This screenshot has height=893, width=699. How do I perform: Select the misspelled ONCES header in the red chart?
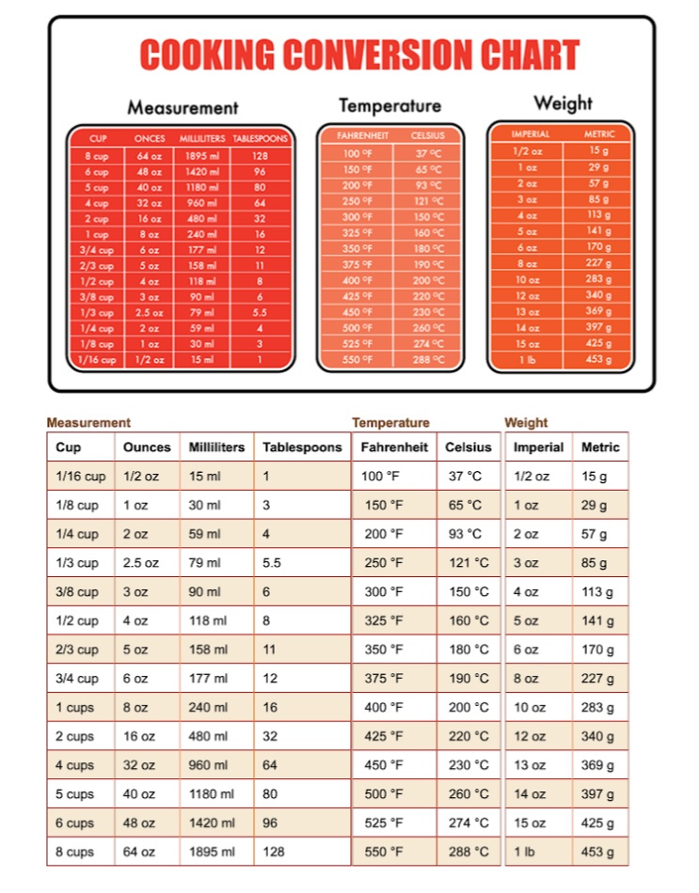click(150, 138)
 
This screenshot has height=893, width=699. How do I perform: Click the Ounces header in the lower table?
click(147, 447)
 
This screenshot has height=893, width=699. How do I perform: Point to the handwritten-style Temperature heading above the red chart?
click(389, 105)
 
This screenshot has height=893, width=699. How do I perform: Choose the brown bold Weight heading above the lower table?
click(526, 423)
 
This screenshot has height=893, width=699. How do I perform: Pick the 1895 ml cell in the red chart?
click(202, 156)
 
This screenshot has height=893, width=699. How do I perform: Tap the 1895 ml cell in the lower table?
click(212, 852)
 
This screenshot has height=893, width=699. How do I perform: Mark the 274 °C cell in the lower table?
click(469, 822)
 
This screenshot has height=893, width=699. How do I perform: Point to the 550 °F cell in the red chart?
click(357, 360)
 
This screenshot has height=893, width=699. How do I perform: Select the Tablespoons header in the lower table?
click(302, 447)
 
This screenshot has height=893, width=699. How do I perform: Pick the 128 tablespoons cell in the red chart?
click(260, 156)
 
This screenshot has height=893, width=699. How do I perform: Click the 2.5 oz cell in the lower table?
click(142, 562)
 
